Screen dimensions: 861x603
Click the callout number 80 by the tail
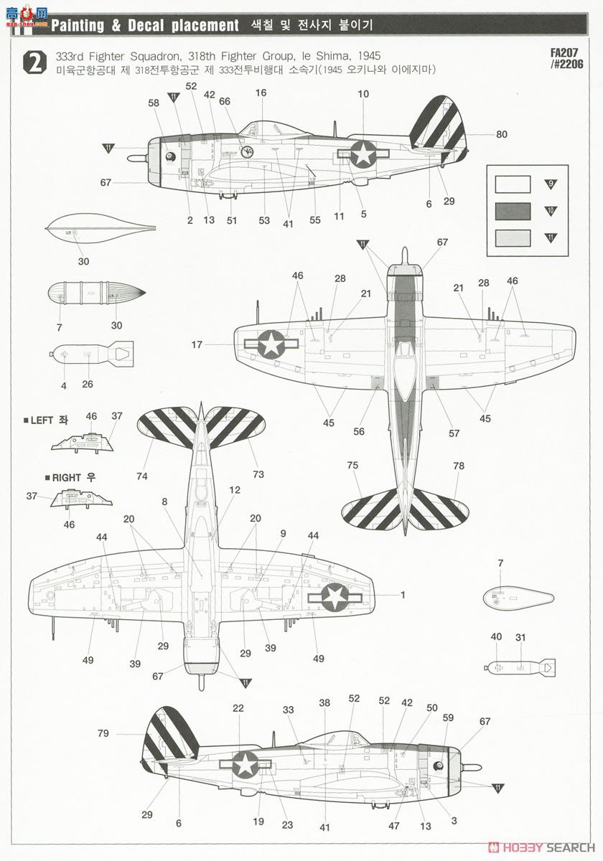pyautogui.click(x=501, y=134)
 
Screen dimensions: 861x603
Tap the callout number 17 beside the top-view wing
pyautogui.click(x=196, y=345)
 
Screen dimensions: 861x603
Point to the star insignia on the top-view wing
pyautogui.click(x=271, y=344)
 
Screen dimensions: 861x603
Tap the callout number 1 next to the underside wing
pyautogui.click(x=403, y=595)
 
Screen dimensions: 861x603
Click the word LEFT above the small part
pyautogui.click(x=42, y=420)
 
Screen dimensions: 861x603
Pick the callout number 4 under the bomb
pyautogui.click(x=64, y=385)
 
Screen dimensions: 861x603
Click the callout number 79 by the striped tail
pyautogui.click(x=103, y=733)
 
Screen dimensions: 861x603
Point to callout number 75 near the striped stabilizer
pyautogui.click(x=352, y=466)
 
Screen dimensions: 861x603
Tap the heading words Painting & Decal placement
pyautogui.click(x=145, y=26)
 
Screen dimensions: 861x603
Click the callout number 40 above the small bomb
pyautogui.click(x=496, y=636)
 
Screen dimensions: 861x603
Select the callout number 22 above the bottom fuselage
pyautogui.click(x=238, y=708)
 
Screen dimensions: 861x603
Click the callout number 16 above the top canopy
pyautogui.click(x=261, y=93)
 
